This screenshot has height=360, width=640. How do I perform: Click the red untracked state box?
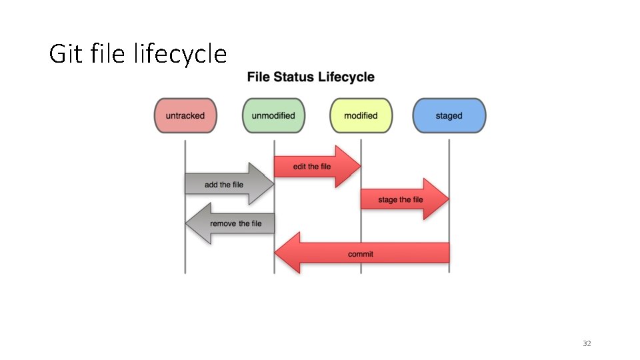tap(185, 115)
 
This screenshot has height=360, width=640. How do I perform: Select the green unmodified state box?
tap(273, 115)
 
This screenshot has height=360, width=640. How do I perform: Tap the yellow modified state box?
tap(361, 115)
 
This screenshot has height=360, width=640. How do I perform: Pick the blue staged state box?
tap(449, 115)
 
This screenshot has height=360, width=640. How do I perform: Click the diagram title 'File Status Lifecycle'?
tap(311, 77)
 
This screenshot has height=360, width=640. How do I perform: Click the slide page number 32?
tap(587, 343)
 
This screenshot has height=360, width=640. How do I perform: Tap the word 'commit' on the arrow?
tap(361, 254)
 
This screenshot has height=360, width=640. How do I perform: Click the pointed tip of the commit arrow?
tap(278, 253)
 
